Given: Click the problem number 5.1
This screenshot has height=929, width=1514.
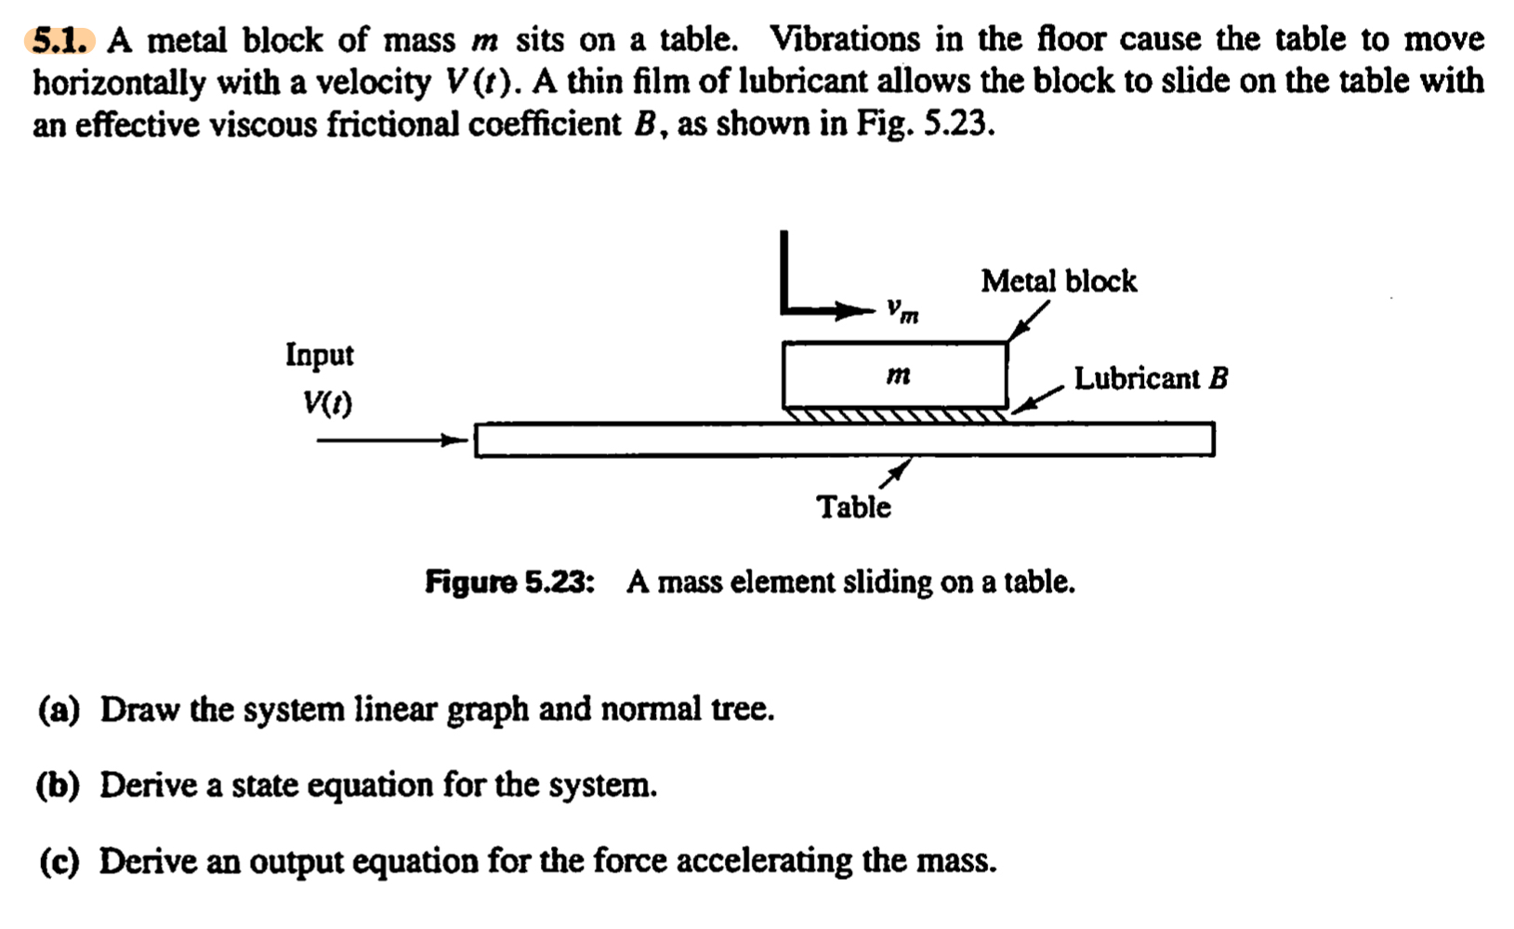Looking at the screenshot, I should click(x=61, y=41).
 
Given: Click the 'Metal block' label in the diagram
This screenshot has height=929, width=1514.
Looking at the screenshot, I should click(x=1058, y=281).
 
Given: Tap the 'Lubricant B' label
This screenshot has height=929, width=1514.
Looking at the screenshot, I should click(x=1151, y=378).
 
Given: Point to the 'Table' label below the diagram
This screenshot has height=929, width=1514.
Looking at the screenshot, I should click(x=853, y=507).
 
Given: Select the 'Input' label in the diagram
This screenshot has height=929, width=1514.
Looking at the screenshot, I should click(x=319, y=355).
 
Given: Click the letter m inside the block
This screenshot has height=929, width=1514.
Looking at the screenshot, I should click(x=897, y=374).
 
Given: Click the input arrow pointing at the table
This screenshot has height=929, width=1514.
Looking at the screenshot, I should click(x=390, y=440).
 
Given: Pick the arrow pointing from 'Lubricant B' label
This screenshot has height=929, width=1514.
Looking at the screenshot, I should click(x=1036, y=399).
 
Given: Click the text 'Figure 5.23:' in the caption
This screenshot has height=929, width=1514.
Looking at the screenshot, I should click(x=509, y=582).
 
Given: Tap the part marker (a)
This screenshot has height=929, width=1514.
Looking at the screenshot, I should click(x=59, y=710).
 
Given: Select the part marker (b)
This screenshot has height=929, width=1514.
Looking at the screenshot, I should click(x=59, y=786).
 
